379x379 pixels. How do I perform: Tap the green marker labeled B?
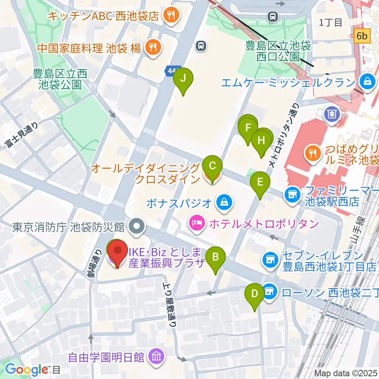point(216,258)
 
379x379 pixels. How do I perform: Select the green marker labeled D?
point(255,295)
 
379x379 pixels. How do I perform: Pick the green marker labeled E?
point(260,182)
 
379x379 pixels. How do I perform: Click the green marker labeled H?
point(262,141)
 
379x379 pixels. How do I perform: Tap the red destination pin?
point(118,252)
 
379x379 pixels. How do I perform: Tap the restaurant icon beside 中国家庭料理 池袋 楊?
point(152,48)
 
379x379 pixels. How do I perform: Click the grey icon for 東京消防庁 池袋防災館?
point(137,227)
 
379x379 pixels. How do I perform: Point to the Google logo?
point(27,370)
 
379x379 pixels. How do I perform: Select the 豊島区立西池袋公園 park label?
point(60,79)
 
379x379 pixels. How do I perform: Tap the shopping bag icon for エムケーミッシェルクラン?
point(368,83)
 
